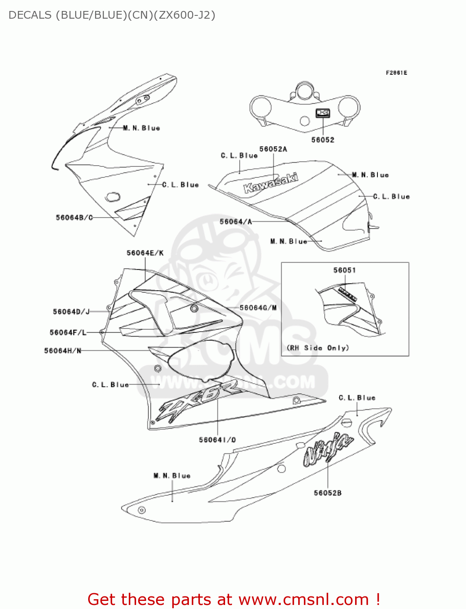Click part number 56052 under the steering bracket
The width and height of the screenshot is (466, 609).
click(x=323, y=140)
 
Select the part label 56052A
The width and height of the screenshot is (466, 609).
click(x=273, y=149)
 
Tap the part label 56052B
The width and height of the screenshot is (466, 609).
click(x=327, y=493)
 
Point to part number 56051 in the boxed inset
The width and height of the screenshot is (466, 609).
click(x=345, y=270)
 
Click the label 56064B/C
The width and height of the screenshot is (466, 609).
click(x=74, y=218)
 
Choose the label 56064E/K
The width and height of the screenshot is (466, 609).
click(x=145, y=253)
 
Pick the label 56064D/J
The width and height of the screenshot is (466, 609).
click(x=71, y=312)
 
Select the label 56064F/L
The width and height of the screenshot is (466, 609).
click(x=68, y=333)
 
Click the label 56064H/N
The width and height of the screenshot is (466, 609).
click(x=63, y=351)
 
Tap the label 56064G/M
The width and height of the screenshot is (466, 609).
click(x=258, y=308)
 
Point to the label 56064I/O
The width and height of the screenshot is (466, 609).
click(x=217, y=440)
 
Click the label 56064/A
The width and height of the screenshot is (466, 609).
click(x=236, y=222)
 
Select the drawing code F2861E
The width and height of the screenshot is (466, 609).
click(x=396, y=73)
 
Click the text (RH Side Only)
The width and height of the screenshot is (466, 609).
click(x=318, y=348)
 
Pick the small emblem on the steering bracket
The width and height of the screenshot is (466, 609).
click(x=323, y=113)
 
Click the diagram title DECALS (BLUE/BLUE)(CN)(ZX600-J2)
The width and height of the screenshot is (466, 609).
click(x=112, y=15)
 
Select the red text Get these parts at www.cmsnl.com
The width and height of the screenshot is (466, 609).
click(x=234, y=599)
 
